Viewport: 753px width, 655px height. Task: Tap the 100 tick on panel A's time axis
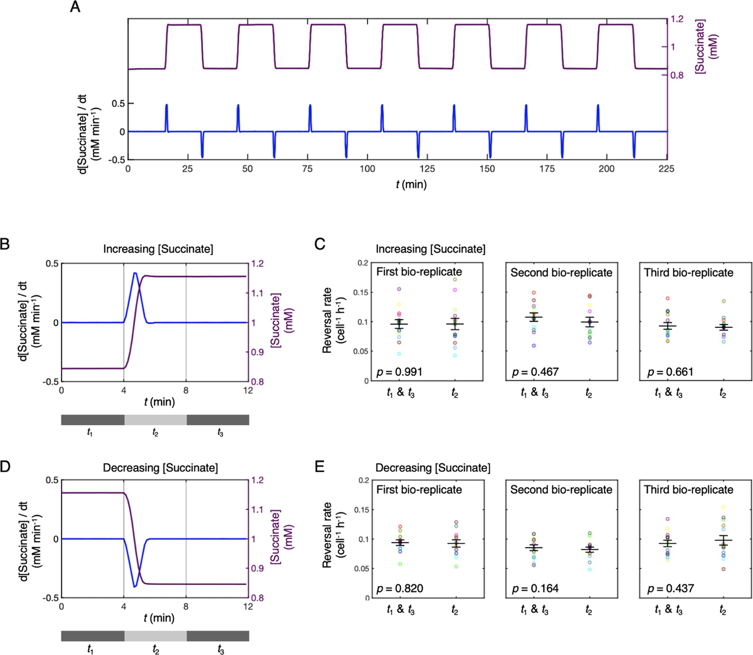[x=367, y=169]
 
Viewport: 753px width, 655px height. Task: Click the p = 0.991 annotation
[x=399, y=372]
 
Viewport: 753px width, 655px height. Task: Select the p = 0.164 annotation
[x=535, y=589]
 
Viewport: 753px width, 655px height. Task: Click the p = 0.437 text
[x=670, y=589]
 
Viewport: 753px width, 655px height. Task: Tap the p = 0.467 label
[x=535, y=372]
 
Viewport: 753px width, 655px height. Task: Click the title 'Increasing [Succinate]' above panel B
[x=158, y=249]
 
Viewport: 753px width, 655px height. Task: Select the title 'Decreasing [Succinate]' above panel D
[x=160, y=468]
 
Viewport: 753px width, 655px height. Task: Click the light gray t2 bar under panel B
[x=155, y=420]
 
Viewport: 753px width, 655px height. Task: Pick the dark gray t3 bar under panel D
[x=218, y=636]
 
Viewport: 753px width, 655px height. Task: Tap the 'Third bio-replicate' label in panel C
[x=688, y=273]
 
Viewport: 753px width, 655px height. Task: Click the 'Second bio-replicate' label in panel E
[x=561, y=490]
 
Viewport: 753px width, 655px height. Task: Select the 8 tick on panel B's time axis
[x=186, y=391]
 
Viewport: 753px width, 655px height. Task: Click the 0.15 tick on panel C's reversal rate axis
[x=361, y=293]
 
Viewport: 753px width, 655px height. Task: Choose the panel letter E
[x=319, y=467]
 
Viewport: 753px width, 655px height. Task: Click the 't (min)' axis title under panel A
[x=411, y=184]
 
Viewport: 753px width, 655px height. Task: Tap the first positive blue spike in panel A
[x=167, y=105]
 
